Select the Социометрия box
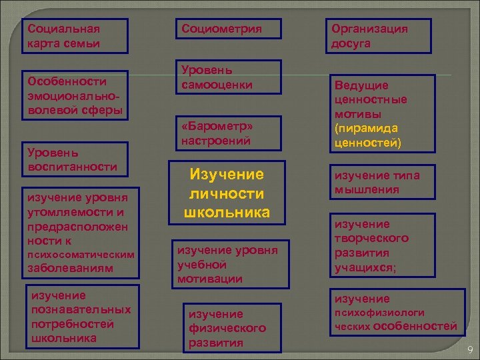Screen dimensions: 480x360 click(229, 29)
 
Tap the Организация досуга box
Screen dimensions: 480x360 click(378, 36)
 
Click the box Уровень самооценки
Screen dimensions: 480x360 click(227, 77)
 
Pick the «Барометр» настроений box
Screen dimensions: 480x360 click(227, 133)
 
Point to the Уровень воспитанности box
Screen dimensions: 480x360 click(73, 158)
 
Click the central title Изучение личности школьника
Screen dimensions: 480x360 click(227, 193)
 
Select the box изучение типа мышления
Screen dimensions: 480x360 click(377, 182)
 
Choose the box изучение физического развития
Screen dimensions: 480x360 click(227, 328)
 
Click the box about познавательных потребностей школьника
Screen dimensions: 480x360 click(81, 317)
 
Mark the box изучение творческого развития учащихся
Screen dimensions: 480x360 click(377, 246)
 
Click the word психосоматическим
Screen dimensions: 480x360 click(79, 255)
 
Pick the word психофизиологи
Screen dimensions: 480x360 click(379, 312)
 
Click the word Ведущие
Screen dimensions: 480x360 click(361, 85)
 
